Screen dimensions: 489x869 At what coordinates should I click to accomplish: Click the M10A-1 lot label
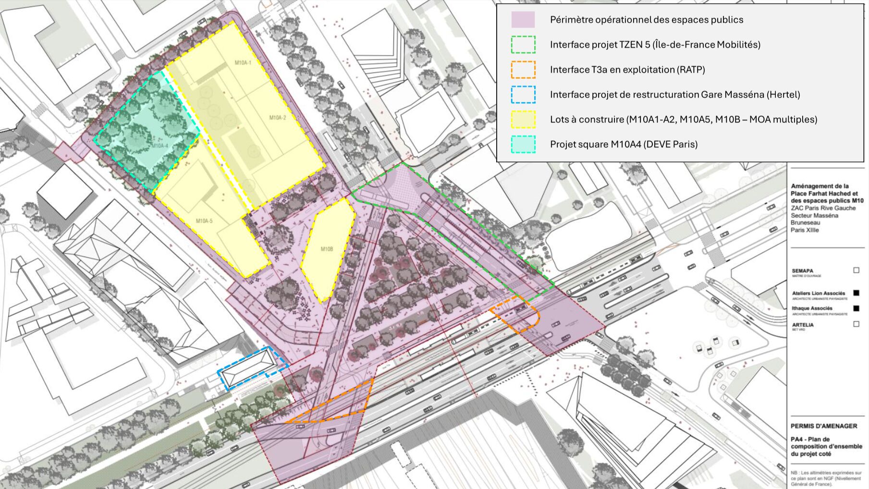pyautogui.click(x=243, y=62)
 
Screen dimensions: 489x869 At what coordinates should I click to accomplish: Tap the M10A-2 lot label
pyautogui.click(x=277, y=118)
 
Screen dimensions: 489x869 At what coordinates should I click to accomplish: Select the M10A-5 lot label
pyautogui.click(x=204, y=221)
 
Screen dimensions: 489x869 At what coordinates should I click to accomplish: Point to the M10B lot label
pyautogui.click(x=327, y=249)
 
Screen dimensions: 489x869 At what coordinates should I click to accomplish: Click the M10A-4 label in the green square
pyautogui.click(x=160, y=146)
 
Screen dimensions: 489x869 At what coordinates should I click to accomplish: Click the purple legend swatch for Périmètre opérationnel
pyautogui.click(x=523, y=20)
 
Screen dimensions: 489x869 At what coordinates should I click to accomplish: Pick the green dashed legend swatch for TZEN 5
pyautogui.click(x=523, y=45)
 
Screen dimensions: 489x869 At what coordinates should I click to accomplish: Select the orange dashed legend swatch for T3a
pyautogui.click(x=523, y=70)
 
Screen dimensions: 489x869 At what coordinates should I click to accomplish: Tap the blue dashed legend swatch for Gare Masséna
pyautogui.click(x=523, y=95)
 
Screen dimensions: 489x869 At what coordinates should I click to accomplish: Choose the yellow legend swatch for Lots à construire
pyautogui.click(x=523, y=120)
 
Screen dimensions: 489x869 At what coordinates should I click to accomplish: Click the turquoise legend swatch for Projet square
pyautogui.click(x=523, y=145)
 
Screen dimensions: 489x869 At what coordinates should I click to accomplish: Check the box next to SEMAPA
pyautogui.click(x=856, y=270)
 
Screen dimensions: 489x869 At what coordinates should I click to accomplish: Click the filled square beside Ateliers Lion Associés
pyautogui.click(x=856, y=293)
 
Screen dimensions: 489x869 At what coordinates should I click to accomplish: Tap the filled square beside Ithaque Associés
pyautogui.click(x=856, y=308)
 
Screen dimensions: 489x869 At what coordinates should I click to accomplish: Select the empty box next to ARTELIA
pyautogui.click(x=856, y=324)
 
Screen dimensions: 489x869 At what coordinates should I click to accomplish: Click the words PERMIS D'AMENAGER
pyautogui.click(x=824, y=426)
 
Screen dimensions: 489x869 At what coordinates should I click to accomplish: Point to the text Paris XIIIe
pyautogui.click(x=805, y=230)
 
